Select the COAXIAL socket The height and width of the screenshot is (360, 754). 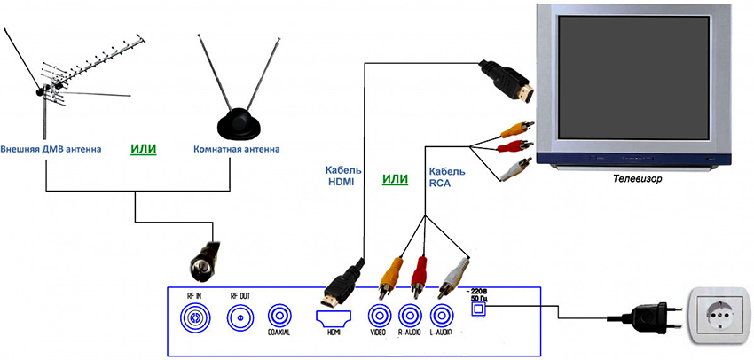[279, 316]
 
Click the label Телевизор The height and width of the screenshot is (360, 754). [636, 178]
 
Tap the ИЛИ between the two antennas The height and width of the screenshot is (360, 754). [143, 149]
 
